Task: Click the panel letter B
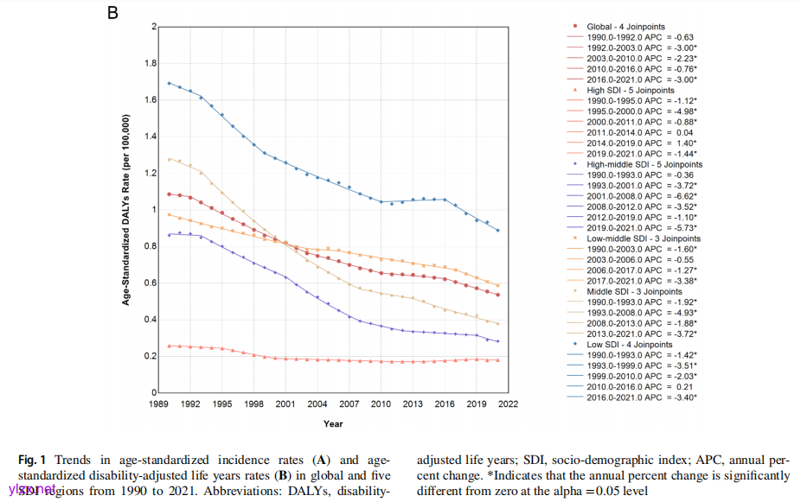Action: [x=112, y=16]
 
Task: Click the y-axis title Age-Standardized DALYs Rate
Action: [x=126, y=209]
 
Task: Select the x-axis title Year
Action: [x=333, y=423]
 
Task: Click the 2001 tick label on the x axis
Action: [x=285, y=404]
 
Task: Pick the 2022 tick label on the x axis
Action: [x=508, y=404]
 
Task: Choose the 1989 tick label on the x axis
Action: [x=158, y=404]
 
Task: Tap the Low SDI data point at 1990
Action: [x=169, y=83]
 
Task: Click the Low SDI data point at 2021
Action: [x=497, y=231]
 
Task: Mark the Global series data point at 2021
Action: [x=497, y=295]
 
